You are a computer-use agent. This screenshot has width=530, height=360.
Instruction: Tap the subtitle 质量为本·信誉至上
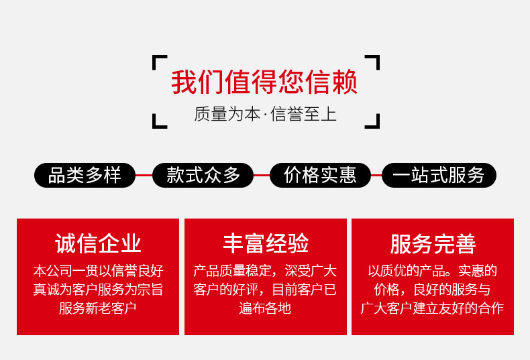(x=265, y=114)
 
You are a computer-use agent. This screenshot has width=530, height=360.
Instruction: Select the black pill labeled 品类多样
(x=85, y=176)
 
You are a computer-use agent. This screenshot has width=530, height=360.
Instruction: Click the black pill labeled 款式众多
(x=203, y=176)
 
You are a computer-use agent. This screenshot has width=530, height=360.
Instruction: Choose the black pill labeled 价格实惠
(x=320, y=176)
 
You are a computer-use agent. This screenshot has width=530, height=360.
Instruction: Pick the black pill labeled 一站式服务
(x=439, y=176)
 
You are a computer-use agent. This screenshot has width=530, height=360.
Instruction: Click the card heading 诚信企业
(x=98, y=243)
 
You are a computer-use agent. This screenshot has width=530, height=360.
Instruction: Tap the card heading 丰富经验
(x=266, y=243)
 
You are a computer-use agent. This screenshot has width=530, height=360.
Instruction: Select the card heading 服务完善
(x=433, y=243)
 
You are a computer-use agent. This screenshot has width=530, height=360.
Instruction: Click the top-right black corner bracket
(x=374, y=62)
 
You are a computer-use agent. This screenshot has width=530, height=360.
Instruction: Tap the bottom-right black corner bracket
(x=374, y=122)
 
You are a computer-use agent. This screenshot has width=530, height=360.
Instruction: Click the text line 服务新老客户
(x=98, y=308)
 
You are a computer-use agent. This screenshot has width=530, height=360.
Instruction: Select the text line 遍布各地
(x=266, y=308)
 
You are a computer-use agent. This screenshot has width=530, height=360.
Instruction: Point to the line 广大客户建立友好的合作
(x=433, y=308)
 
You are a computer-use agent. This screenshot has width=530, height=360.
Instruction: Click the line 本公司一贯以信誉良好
(x=98, y=271)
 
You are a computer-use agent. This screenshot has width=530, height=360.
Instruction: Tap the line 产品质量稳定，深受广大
(x=266, y=271)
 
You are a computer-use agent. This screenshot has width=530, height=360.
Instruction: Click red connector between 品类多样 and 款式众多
(x=144, y=176)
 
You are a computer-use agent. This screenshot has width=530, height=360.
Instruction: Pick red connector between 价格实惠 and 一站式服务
(x=376, y=176)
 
